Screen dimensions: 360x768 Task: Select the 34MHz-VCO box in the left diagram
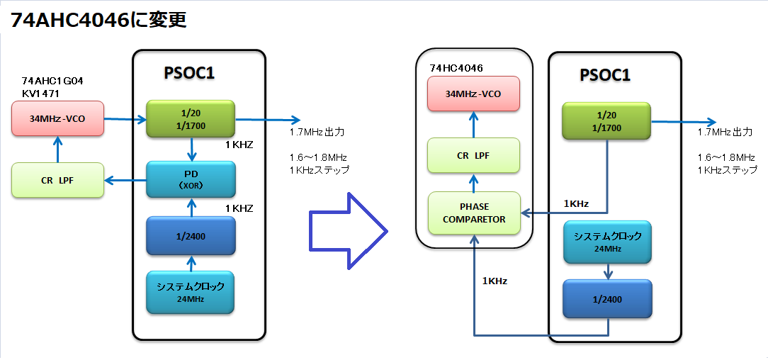pos(57,118)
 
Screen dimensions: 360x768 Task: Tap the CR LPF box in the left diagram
pos(57,180)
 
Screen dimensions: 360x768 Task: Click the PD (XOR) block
pos(191,179)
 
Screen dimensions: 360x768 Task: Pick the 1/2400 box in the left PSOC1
pos(191,235)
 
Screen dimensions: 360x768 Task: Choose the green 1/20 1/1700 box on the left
pos(191,118)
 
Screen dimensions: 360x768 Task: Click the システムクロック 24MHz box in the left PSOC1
pos(191,292)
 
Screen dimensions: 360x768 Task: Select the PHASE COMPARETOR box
pos(474,213)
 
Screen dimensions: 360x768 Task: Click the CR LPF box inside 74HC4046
pos(473,155)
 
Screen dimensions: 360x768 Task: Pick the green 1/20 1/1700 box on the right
pos(606,122)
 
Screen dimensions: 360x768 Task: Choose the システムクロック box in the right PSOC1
pos(607,242)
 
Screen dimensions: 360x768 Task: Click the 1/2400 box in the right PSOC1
pos(607,299)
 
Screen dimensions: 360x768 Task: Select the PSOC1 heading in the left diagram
pos(189,73)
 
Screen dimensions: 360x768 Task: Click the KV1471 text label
pos(42,93)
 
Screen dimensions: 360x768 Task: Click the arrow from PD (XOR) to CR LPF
pos(125,181)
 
